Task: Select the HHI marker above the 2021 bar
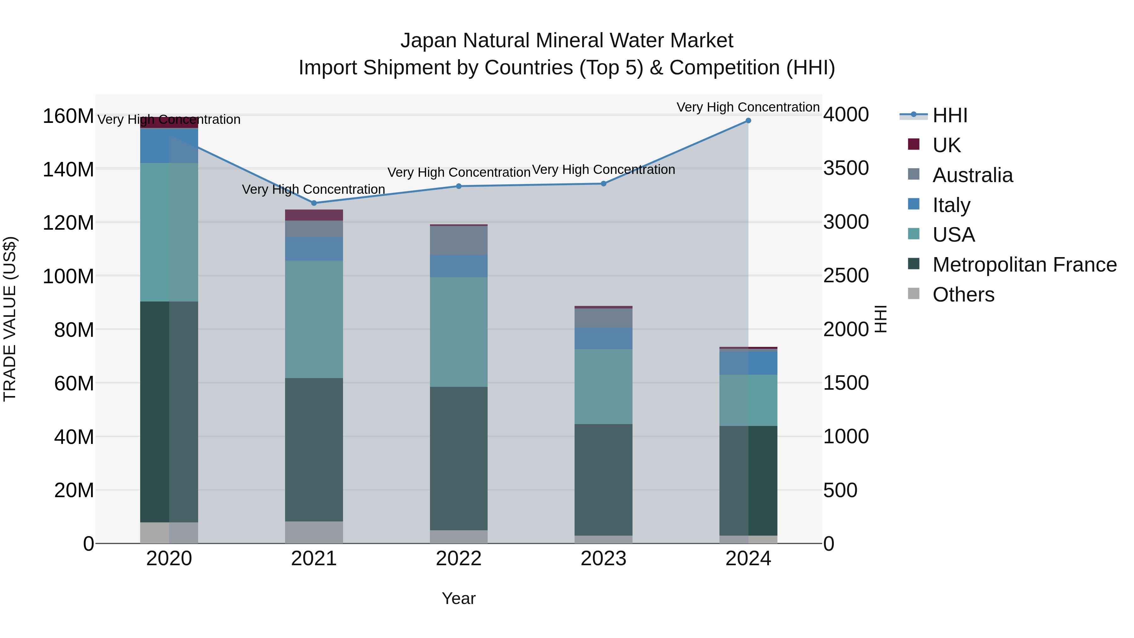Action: (x=314, y=203)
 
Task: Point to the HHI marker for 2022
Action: (x=459, y=186)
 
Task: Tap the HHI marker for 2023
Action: (x=604, y=184)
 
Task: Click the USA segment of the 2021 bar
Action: (x=314, y=319)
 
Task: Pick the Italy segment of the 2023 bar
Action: (x=604, y=338)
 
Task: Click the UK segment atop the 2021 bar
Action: (x=314, y=215)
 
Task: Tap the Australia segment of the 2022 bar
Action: (x=459, y=240)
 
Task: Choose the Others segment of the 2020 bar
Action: (x=169, y=533)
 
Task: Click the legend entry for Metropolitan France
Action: (x=1024, y=265)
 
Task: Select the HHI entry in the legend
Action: (x=950, y=115)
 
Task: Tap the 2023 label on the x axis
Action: (x=604, y=559)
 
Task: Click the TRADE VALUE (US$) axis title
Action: (x=10, y=319)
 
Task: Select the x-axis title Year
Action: (x=459, y=598)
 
